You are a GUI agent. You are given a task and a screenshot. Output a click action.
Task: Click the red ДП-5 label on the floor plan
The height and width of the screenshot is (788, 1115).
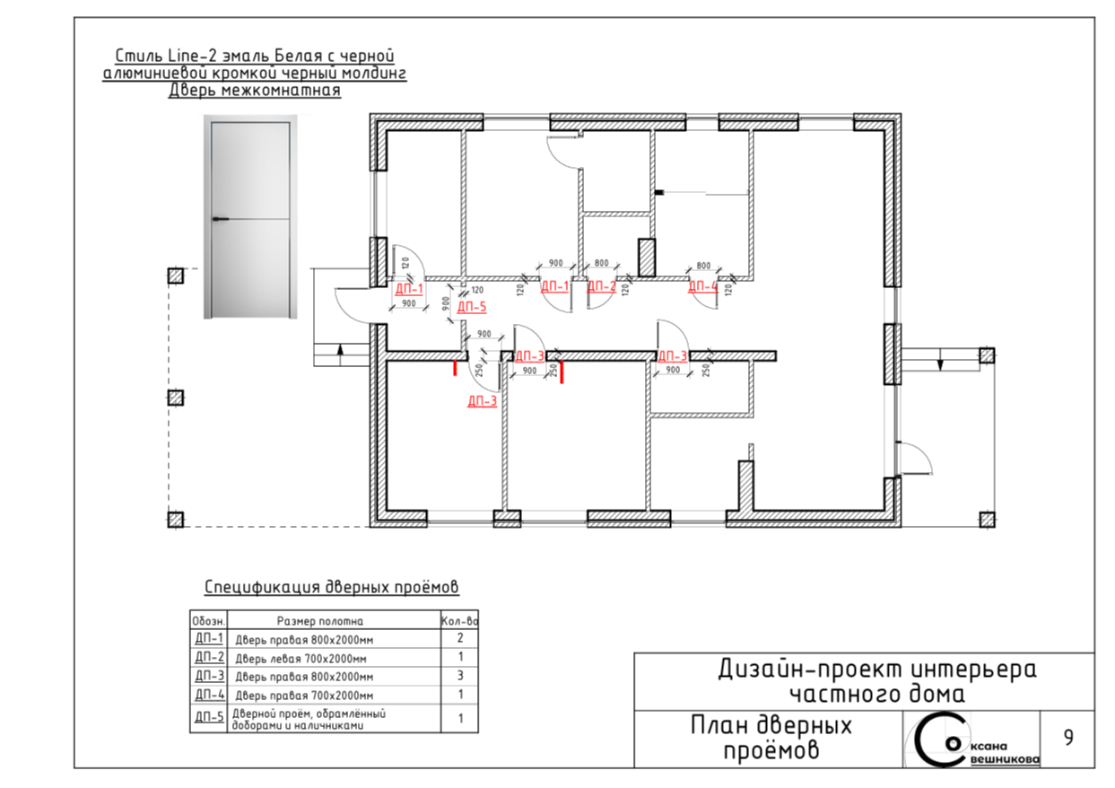click(x=472, y=306)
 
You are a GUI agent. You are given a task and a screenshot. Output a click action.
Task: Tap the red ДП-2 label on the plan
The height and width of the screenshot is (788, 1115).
click(x=601, y=286)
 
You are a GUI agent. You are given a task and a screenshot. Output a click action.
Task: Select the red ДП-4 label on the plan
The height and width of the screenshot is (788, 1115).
click(x=703, y=286)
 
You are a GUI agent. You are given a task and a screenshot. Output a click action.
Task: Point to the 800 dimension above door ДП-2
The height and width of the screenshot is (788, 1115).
click(x=601, y=262)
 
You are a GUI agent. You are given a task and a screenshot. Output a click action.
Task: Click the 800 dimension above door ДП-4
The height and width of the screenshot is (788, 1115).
click(x=703, y=266)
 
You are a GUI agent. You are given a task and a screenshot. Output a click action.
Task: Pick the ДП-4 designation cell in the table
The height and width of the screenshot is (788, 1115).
click(x=209, y=695)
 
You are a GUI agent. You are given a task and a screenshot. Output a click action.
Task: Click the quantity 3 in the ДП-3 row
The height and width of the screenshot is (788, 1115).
click(x=460, y=676)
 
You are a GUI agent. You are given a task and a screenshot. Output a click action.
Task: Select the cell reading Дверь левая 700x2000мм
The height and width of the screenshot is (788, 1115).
click(x=301, y=659)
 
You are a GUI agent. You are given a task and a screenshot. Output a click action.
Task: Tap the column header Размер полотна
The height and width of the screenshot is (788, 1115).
click(x=319, y=621)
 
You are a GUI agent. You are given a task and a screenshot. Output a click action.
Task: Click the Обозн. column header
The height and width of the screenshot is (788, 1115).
click(x=209, y=621)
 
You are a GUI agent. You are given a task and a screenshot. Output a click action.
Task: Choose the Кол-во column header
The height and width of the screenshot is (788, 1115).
click(x=459, y=621)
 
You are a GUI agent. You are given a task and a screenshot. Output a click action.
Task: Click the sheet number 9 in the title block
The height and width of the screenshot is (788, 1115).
click(x=1068, y=738)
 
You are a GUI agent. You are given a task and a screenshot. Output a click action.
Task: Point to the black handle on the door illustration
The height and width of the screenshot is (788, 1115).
click(x=221, y=219)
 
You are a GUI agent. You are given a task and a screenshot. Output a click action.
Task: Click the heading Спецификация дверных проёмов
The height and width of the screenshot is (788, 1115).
click(x=332, y=587)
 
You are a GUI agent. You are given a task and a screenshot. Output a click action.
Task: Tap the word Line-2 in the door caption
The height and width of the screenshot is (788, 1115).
click(x=194, y=56)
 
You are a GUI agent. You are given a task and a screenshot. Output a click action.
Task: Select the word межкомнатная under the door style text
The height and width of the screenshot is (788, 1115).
click(x=281, y=90)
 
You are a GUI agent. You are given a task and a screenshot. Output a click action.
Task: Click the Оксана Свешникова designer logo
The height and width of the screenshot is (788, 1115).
click(x=971, y=740)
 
